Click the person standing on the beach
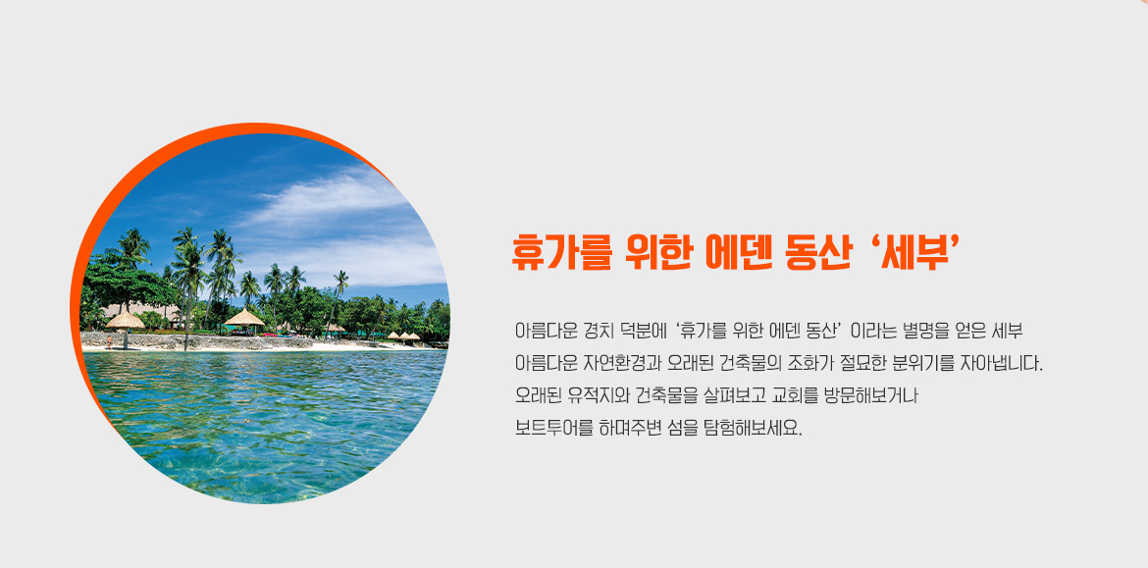point(110,341)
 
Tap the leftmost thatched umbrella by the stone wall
point(126,322)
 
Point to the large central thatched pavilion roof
point(243,318)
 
